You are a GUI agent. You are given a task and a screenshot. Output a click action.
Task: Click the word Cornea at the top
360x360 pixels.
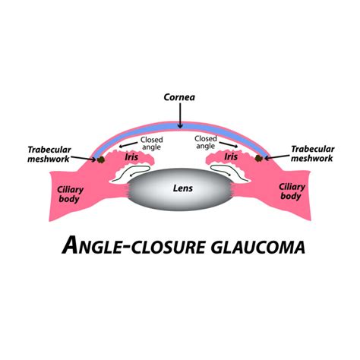click(x=179, y=98)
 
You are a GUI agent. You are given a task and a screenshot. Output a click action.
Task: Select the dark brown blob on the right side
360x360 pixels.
click(x=260, y=159)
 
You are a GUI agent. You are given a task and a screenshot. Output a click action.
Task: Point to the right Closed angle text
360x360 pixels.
click(x=206, y=144)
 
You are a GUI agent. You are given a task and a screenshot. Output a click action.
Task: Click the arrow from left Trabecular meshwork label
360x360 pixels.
click(x=84, y=158)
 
